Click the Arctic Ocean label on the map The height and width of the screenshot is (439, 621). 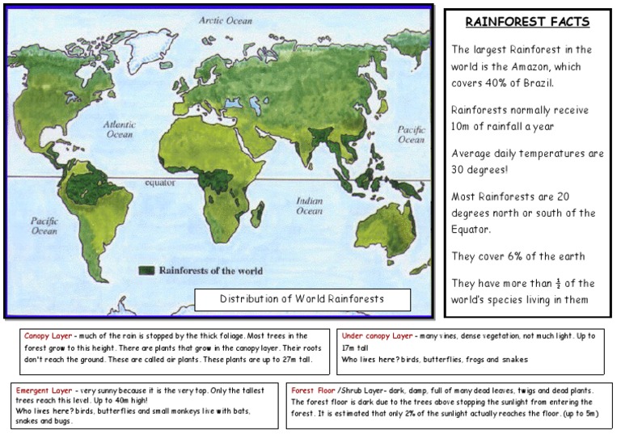click(227, 19)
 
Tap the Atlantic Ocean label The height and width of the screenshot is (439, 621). click(120, 129)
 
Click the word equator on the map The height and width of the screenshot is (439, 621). click(160, 183)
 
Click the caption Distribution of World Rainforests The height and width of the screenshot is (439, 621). click(302, 299)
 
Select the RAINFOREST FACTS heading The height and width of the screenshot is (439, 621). click(528, 22)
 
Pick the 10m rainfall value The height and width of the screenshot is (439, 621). click(463, 127)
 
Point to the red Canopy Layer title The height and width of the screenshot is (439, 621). click(48, 336)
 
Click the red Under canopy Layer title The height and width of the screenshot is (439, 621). click(377, 336)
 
